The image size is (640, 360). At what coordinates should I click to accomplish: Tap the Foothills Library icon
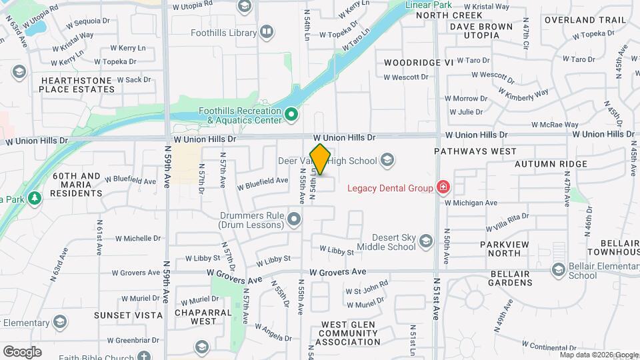pyautogui.click(x=267, y=32)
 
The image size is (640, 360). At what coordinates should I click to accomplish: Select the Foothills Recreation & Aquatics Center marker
pyautogui.click(x=291, y=115)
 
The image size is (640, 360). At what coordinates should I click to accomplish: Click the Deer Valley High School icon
pyautogui.click(x=387, y=160)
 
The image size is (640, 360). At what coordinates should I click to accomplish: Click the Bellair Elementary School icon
pyautogui.click(x=559, y=269)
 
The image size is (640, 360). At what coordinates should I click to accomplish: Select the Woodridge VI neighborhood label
pyautogui.click(x=419, y=62)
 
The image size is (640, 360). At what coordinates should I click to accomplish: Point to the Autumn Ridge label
pyautogui.click(x=550, y=163)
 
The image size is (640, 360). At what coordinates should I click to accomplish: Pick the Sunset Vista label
pyautogui.click(x=128, y=315)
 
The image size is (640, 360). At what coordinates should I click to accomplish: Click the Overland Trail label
pyautogui.click(x=585, y=20)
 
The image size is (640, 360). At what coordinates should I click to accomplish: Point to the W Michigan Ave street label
pyautogui.click(x=471, y=203)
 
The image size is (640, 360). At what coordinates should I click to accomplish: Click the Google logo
pyautogui.click(x=22, y=351)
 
